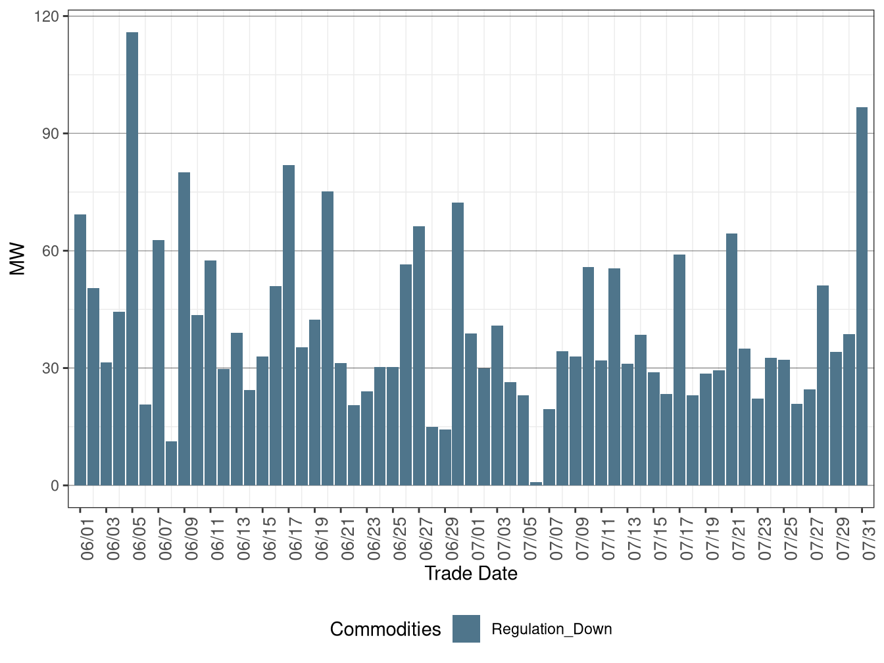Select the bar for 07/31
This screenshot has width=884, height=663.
tap(862, 296)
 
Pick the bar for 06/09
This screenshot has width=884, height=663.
tap(184, 329)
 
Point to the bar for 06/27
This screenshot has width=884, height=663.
tap(419, 356)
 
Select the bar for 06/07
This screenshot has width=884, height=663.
tap(159, 362)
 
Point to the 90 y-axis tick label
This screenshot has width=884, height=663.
tap(51, 134)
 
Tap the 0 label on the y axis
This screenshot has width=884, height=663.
tap(55, 485)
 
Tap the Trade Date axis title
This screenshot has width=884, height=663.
tap(471, 574)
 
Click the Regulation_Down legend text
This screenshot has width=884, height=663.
tap(552, 629)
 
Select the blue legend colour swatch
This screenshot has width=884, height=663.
tap(466, 629)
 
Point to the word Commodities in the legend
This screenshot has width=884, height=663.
tap(385, 629)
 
